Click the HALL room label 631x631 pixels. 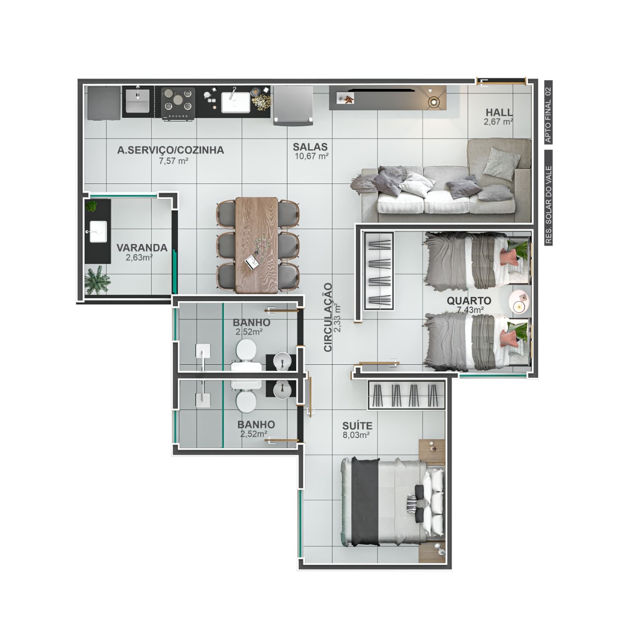point(499,112)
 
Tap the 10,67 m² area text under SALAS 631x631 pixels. point(312,156)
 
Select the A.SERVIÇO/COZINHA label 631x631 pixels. point(171,150)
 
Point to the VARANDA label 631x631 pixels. point(142,248)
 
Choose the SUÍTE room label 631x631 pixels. point(357,426)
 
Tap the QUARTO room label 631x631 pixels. point(469,301)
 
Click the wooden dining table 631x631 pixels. point(256,245)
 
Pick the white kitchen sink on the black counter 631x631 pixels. point(236,102)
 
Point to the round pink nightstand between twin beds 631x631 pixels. point(519,301)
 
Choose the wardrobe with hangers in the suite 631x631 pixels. point(407,394)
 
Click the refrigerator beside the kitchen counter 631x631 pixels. point(292,105)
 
